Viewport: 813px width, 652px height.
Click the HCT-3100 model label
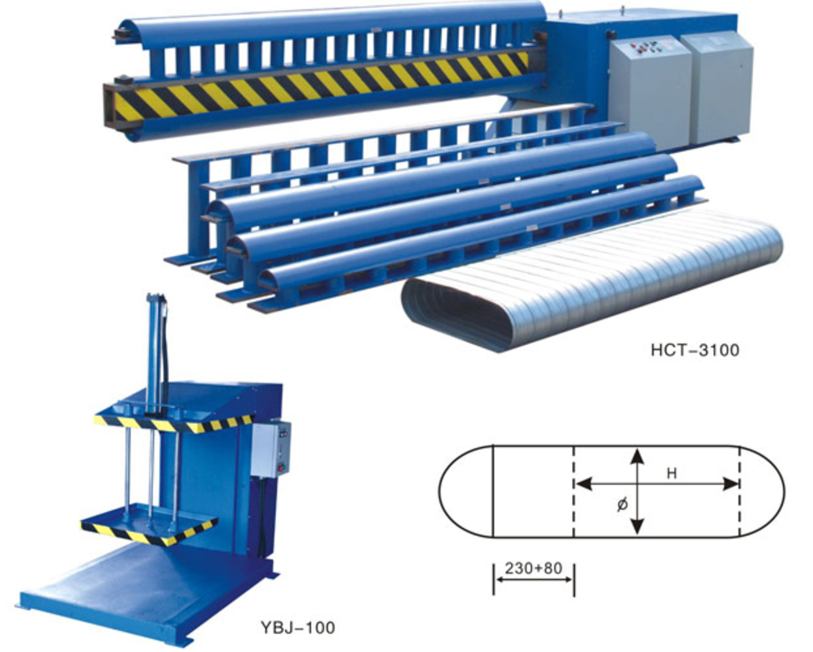click(x=695, y=350)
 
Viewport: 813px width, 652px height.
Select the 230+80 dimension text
click(x=533, y=568)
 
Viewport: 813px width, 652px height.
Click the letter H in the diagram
click(x=671, y=474)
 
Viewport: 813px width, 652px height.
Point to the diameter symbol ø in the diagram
click(x=622, y=504)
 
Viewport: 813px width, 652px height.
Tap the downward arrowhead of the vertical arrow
click(x=637, y=527)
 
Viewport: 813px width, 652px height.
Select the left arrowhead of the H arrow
click(x=584, y=484)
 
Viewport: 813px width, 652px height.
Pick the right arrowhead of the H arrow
click(x=730, y=484)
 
